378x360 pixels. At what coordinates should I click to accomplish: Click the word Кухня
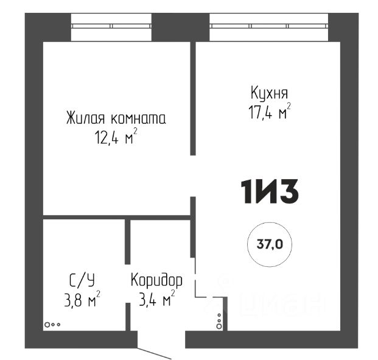point(269,93)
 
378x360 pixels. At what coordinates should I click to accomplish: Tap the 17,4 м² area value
point(270,111)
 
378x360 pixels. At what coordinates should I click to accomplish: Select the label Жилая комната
point(116,118)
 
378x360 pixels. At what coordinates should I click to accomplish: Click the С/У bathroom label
point(82,280)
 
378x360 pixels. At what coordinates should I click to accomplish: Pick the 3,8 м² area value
point(82,298)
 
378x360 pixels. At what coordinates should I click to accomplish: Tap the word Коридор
point(156,280)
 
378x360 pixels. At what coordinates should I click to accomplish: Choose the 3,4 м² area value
point(156,298)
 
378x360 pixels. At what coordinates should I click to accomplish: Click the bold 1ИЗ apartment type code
point(270,192)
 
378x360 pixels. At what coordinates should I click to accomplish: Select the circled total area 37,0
point(270,244)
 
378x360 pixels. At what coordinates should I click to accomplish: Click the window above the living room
point(111,26)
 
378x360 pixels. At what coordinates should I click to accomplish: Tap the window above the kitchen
point(269,26)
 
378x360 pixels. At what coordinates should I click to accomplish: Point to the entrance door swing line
point(154,353)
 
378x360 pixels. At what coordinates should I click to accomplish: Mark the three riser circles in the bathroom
point(52,325)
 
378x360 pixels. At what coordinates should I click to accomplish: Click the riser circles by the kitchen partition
point(219,322)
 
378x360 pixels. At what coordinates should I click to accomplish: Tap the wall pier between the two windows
point(181,27)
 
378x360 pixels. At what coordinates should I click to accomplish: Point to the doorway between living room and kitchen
point(193,176)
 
